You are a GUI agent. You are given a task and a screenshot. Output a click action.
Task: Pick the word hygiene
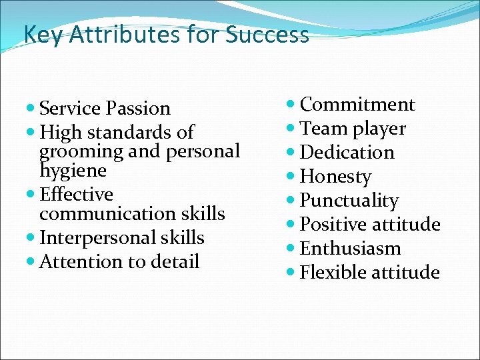pos(73,171)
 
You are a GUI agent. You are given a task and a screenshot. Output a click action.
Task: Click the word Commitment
pos(357,105)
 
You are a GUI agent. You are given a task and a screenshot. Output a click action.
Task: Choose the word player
pos(379,129)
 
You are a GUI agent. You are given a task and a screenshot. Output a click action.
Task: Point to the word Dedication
pos(347,153)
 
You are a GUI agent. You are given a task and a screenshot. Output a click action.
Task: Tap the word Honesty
pos(335,177)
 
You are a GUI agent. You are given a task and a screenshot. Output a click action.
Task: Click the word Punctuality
pos(349,201)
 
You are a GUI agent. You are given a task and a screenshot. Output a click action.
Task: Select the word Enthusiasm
pos(351,249)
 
